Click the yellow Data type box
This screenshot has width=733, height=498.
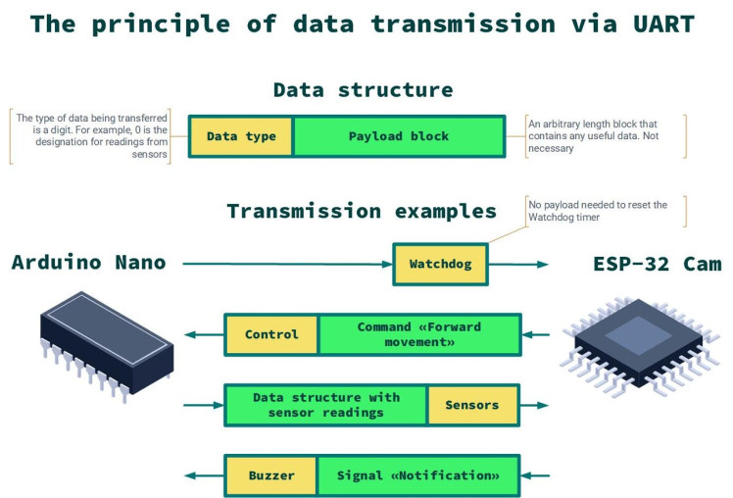coord(241,136)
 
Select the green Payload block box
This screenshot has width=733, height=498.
coord(399,136)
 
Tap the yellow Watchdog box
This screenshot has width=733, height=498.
coord(440,264)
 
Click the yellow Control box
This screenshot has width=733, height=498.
coord(271,334)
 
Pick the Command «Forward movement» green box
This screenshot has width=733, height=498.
coord(419,334)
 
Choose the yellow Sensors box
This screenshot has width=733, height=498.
coord(472,405)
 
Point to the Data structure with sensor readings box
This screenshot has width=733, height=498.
coord(326,405)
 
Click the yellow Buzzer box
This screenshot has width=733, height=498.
coord(271,475)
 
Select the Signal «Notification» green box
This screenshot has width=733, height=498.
coord(418,475)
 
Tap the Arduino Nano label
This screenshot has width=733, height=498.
coord(88,263)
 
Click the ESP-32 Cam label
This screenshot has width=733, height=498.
coord(657,264)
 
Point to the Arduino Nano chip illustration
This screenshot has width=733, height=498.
coord(106,345)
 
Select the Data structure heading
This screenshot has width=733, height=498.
coord(363,90)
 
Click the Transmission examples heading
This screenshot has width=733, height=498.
coord(362,211)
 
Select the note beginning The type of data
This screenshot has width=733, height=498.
coord(92,136)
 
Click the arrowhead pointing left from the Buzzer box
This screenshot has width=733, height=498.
coord(190,475)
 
